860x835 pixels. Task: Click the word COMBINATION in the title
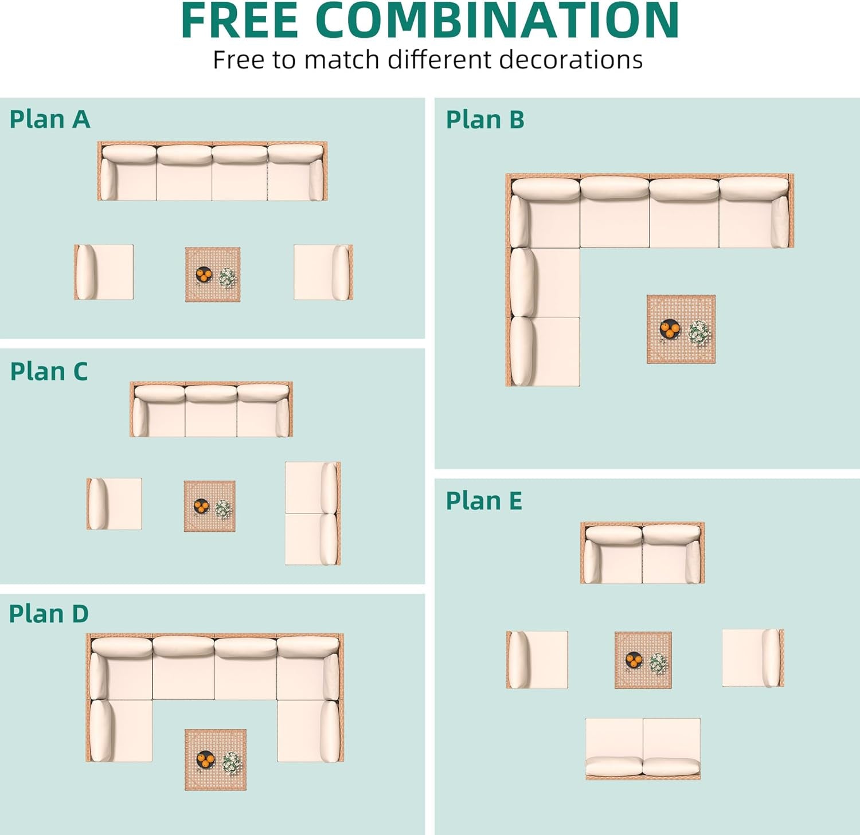click(x=497, y=21)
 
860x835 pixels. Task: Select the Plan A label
click(x=50, y=120)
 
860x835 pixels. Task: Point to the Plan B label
click(x=485, y=120)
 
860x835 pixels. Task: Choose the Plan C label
click(x=49, y=372)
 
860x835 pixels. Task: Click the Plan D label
click(x=49, y=614)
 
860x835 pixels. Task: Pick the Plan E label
click(x=484, y=501)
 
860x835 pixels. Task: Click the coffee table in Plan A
click(x=213, y=275)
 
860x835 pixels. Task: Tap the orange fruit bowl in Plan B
click(x=669, y=329)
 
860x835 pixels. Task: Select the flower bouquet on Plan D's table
click(x=231, y=762)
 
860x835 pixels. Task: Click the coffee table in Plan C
click(x=210, y=507)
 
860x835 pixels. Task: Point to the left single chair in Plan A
click(x=104, y=272)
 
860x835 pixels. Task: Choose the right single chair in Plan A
click(x=323, y=272)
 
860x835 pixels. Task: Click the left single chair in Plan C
click(x=114, y=504)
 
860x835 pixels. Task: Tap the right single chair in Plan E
click(x=753, y=658)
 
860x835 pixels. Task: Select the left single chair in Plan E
click(x=537, y=660)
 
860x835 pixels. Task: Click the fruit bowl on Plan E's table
click(x=634, y=660)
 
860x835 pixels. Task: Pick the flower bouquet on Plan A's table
click(x=228, y=277)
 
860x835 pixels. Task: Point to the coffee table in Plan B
click(x=681, y=330)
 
